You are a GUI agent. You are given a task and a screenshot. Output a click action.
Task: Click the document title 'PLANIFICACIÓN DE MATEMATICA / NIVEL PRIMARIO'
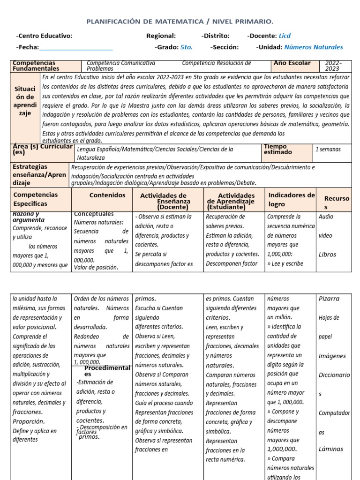180,22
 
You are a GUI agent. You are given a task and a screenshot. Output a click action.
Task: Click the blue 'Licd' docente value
285,36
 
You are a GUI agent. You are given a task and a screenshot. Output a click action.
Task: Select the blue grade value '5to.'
186,47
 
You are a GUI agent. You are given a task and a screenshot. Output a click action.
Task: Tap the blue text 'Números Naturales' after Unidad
314,47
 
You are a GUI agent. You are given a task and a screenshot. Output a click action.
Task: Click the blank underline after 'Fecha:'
76,47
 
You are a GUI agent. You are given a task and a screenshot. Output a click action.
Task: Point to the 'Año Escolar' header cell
292,63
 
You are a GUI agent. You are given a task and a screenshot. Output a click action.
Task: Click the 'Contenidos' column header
107,195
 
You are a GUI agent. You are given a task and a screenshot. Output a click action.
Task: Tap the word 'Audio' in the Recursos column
326,217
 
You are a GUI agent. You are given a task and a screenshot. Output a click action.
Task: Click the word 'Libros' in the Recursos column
327,255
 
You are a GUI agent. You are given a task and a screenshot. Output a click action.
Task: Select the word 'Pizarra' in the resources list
329,299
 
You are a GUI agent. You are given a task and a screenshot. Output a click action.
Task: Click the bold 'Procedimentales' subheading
107,371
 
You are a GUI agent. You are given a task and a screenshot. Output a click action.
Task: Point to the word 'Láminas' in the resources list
330,449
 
